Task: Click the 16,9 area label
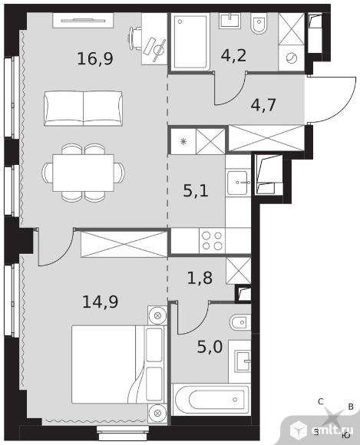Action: click(x=95, y=59)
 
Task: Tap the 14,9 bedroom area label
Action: click(x=101, y=302)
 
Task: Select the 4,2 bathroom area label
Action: click(x=233, y=55)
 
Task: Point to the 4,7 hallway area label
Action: click(x=263, y=104)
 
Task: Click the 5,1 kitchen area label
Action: click(x=196, y=191)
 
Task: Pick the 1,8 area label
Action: click(x=200, y=278)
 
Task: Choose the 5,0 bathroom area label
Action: click(x=210, y=347)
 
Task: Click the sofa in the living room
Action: click(x=83, y=108)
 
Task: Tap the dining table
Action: click(x=83, y=173)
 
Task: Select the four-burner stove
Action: click(x=212, y=241)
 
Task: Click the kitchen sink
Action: click(x=238, y=183)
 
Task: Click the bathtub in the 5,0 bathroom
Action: click(x=211, y=399)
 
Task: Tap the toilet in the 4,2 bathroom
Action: click(x=259, y=25)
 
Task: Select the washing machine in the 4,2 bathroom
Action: click(x=291, y=58)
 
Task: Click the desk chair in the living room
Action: click(x=135, y=38)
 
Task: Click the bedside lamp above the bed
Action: click(x=157, y=315)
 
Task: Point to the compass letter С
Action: click(x=321, y=401)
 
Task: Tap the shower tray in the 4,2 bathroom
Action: click(x=190, y=42)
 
